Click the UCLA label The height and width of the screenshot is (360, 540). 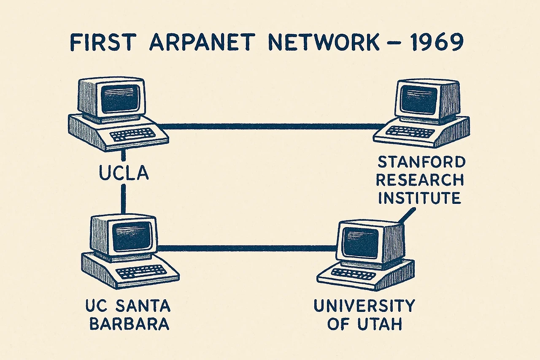123,173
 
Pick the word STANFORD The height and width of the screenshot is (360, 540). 421,162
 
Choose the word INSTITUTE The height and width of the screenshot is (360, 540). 419,198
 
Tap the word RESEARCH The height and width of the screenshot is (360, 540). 420,180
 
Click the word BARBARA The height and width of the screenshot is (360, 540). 130,324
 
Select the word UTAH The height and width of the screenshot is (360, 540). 378,324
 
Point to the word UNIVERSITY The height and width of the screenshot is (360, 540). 364,305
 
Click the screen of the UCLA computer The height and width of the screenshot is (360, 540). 121,98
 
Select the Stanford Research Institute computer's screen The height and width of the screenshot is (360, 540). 419,100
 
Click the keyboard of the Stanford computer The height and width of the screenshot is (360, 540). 410,132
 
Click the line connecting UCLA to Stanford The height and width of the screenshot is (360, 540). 270,126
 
